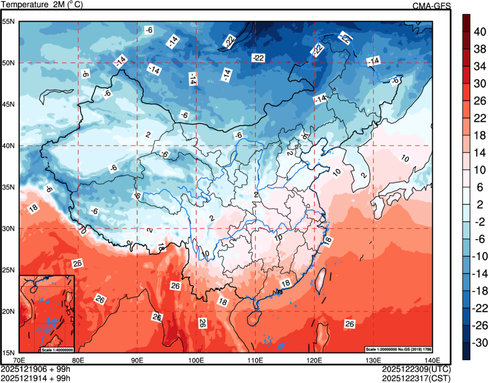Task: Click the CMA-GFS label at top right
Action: [x=431, y=6]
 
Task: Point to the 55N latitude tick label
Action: [x=10, y=22]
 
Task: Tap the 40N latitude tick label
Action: [x=10, y=146]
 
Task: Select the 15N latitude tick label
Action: [x=10, y=353]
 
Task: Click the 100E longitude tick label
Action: [x=196, y=360]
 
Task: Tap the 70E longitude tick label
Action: [x=19, y=360]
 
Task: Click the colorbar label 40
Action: [x=479, y=32]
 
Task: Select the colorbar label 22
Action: [x=479, y=118]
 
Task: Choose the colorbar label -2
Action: [x=479, y=221]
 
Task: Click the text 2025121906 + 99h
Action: [x=36, y=369]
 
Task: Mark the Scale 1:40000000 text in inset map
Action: [x=57, y=349]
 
